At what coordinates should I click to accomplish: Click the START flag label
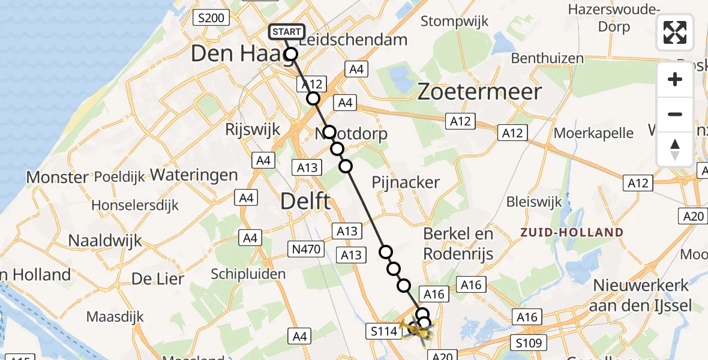point(287,32)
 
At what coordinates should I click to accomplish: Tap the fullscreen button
point(675,32)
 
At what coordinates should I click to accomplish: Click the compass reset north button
point(675,149)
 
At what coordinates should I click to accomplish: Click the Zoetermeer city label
point(479,92)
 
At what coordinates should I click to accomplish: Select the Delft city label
point(306,201)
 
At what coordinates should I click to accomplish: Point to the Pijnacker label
point(406,182)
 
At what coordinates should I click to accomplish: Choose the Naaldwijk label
point(105,241)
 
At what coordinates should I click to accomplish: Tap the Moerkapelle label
point(593,133)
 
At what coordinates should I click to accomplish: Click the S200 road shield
point(212,18)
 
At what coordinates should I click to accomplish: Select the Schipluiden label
point(248,274)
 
